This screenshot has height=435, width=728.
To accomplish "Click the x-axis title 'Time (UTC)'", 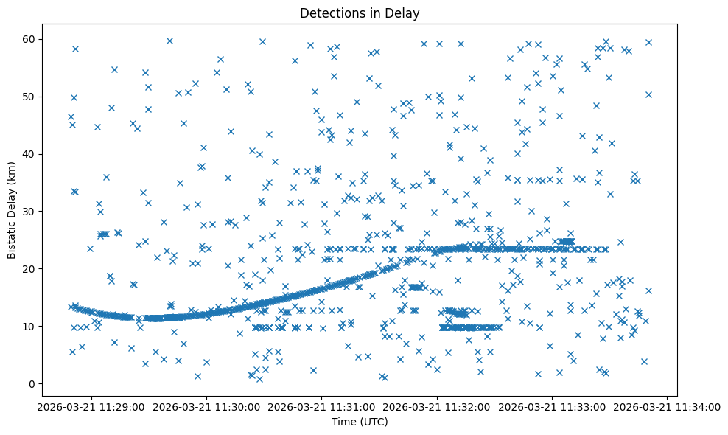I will coord(360,422).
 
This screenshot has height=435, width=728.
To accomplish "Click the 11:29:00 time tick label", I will coord(91,407).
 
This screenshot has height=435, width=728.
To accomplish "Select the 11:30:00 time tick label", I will coord(206,407).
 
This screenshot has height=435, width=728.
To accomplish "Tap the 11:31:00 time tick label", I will coord(322,407).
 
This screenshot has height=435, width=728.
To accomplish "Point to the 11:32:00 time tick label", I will coord(438,407).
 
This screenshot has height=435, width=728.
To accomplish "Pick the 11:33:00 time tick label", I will coord(553,407).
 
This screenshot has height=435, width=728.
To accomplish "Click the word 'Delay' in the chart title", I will coord(404,13).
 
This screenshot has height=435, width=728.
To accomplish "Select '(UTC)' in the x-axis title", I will coord(374,422).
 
